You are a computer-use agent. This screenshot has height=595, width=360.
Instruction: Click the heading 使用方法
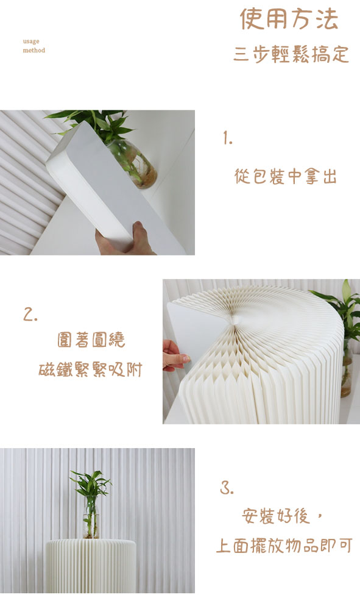pyautogui.click(x=289, y=19)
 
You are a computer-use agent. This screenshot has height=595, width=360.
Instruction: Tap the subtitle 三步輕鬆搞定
pyautogui.click(x=291, y=54)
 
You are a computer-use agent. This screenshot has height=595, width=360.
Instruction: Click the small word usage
pyautogui.click(x=31, y=41)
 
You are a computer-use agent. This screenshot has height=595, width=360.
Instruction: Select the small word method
pyautogui.click(x=34, y=50)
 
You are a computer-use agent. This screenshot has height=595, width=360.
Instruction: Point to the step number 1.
pyautogui.click(x=228, y=138)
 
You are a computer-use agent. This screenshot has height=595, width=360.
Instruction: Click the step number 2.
pyautogui.click(x=30, y=315)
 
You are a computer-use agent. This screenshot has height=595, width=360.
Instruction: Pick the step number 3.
pyautogui.click(x=227, y=488)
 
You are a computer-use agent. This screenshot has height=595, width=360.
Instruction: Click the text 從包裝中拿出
pyautogui.click(x=286, y=176)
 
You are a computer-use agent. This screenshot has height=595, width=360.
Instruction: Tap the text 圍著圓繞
pyautogui.click(x=91, y=340)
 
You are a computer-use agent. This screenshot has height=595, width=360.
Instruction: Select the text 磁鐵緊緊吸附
pyautogui.click(x=90, y=369)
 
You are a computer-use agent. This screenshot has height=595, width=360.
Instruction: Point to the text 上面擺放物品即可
pyautogui.click(x=284, y=546)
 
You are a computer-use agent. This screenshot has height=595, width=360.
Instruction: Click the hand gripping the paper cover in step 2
pyautogui.click(x=175, y=356)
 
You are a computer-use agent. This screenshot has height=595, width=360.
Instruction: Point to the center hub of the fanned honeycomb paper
pyautogui.click(x=234, y=320)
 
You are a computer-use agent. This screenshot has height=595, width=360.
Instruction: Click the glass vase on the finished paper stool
pyautogui.click(x=91, y=518)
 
